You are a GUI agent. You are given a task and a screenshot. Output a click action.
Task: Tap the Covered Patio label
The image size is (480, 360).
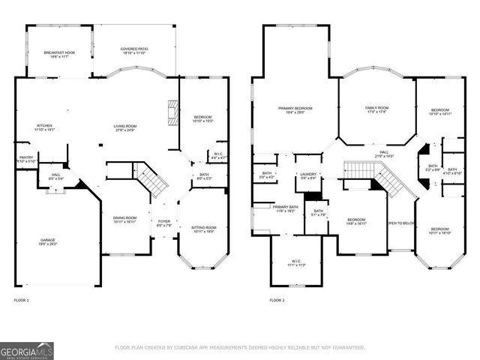coord(134,51)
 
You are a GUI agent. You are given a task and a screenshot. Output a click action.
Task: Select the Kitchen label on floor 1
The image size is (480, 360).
coord(44,127)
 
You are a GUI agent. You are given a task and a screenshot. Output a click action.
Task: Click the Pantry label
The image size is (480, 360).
coord(25,159)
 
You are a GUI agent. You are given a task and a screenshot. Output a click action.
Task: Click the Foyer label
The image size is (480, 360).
coord(163,223)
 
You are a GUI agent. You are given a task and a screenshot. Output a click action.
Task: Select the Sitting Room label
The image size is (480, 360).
coord(204,229)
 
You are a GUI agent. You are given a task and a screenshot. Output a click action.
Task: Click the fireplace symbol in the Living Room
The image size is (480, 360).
coord(173,112)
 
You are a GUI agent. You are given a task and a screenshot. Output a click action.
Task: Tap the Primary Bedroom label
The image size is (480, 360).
coord(295,110)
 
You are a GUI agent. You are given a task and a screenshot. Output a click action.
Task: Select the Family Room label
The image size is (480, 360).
coord(376,110)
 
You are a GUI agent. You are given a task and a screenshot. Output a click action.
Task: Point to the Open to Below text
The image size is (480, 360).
coord(399,223)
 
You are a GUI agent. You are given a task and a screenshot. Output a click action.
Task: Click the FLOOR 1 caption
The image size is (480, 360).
coord(22,300)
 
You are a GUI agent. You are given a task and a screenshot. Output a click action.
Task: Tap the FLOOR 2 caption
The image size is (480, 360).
coord(277,300)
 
